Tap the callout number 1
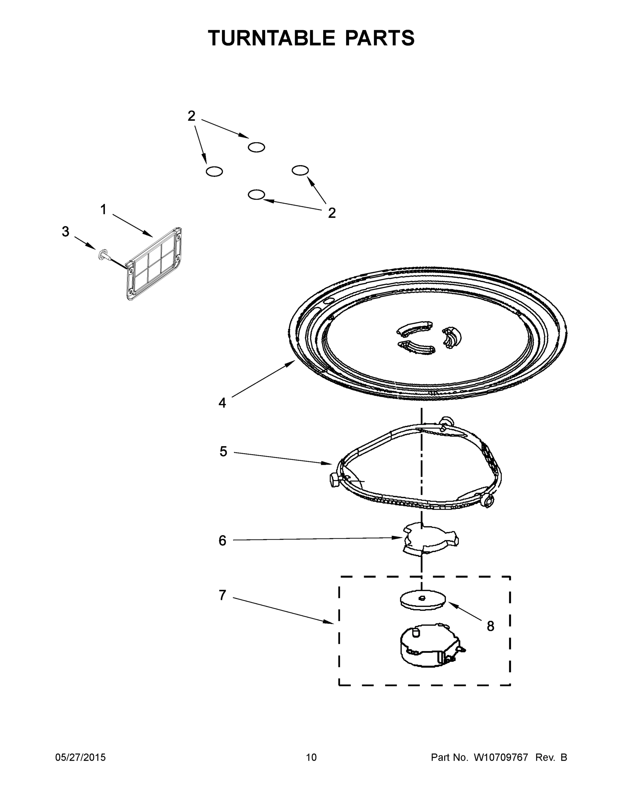coord(104,210)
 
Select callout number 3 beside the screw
coord(65,232)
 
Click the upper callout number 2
coord(191,116)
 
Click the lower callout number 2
coord(332,213)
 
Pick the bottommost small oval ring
coord(257,195)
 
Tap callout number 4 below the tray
coord(222,403)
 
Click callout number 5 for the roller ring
coord(223,451)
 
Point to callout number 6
coord(222,541)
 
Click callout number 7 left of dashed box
coord(222,595)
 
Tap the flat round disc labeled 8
coord(422,600)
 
